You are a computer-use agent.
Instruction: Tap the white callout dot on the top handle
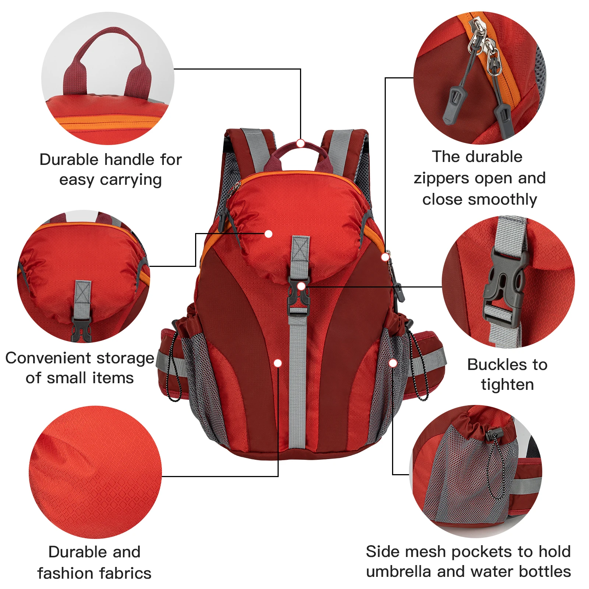(300, 143)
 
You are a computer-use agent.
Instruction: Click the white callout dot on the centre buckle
(301, 286)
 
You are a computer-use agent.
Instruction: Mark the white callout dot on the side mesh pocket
(393, 363)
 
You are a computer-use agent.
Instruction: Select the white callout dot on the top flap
(268, 234)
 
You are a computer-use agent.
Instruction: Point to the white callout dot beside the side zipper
(385, 257)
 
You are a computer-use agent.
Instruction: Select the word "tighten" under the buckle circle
(507, 385)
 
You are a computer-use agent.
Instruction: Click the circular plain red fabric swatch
(95, 472)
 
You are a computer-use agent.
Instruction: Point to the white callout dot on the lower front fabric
(278, 363)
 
